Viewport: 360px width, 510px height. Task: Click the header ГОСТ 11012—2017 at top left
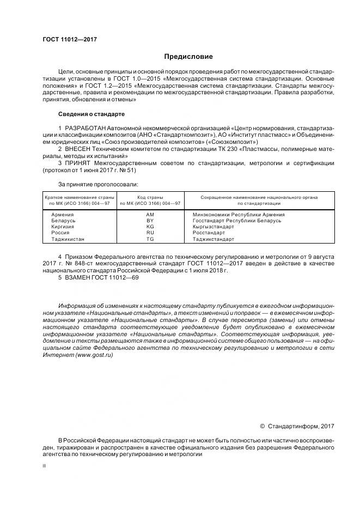coord(66,40)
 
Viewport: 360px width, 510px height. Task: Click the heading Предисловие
coord(188,57)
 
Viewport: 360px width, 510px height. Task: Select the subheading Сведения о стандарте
coord(91,114)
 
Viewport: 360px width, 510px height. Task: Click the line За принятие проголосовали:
coord(98,184)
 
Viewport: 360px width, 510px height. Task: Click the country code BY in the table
coord(150,221)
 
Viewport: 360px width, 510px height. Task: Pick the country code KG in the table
coord(150,227)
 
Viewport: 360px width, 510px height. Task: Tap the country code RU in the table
coord(150,233)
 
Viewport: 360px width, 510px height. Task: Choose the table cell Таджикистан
coord(68,239)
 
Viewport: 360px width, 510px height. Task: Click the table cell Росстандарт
coord(209,233)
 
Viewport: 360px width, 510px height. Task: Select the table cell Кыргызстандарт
coord(214,227)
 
